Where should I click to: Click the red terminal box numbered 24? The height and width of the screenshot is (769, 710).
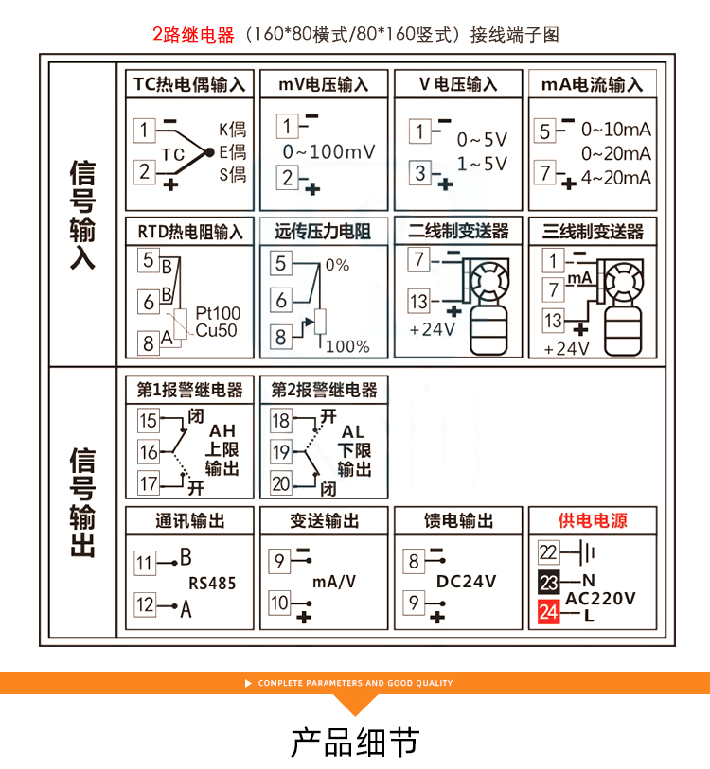548,612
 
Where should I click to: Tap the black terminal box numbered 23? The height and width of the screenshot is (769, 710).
548,582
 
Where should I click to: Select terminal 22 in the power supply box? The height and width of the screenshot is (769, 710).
548,552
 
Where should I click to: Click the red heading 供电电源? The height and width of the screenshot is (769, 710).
593,520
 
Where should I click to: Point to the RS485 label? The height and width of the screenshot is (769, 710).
212,583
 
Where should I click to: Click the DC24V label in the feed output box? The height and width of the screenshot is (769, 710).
466,581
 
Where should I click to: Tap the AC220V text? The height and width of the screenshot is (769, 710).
600,599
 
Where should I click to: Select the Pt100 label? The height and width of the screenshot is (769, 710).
218,313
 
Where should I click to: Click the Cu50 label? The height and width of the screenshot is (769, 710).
216,330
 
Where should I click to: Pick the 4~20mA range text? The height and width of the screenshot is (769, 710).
616,178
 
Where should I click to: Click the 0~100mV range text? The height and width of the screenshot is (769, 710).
329,151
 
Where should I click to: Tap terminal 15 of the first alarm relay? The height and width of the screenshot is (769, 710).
149,420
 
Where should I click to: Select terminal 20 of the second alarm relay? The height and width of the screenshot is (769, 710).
281,484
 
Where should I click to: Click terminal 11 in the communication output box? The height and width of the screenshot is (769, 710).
144,563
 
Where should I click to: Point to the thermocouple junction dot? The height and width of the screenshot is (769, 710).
209,152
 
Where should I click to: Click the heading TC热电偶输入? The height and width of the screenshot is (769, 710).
189,84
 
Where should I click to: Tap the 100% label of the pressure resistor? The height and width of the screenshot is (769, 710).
347,346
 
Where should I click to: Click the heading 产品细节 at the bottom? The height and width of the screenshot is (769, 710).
355,742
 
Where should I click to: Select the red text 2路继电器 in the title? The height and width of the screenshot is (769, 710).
193,35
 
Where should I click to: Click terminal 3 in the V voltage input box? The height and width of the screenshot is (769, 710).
419,173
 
